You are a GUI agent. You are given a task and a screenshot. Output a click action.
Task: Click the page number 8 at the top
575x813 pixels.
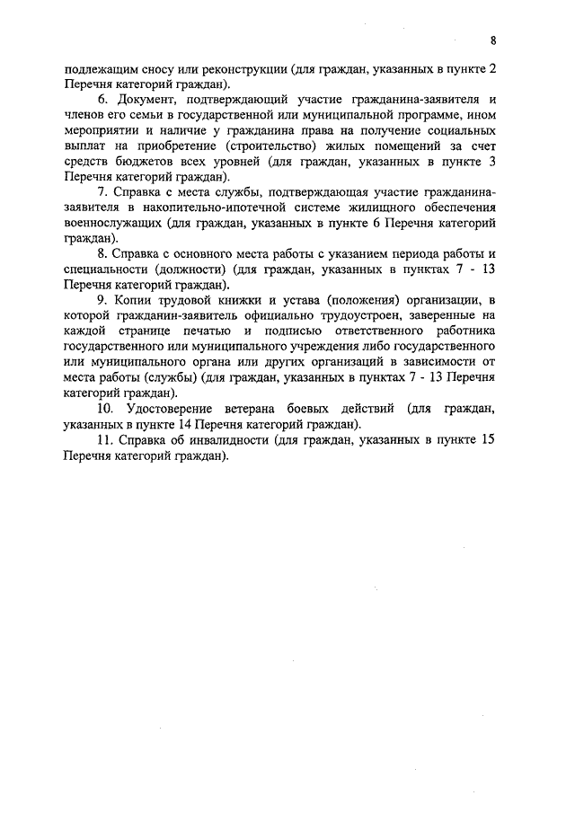click(x=493, y=40)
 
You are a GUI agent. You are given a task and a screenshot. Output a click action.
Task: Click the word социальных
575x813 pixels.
click(x=458, y=134)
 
